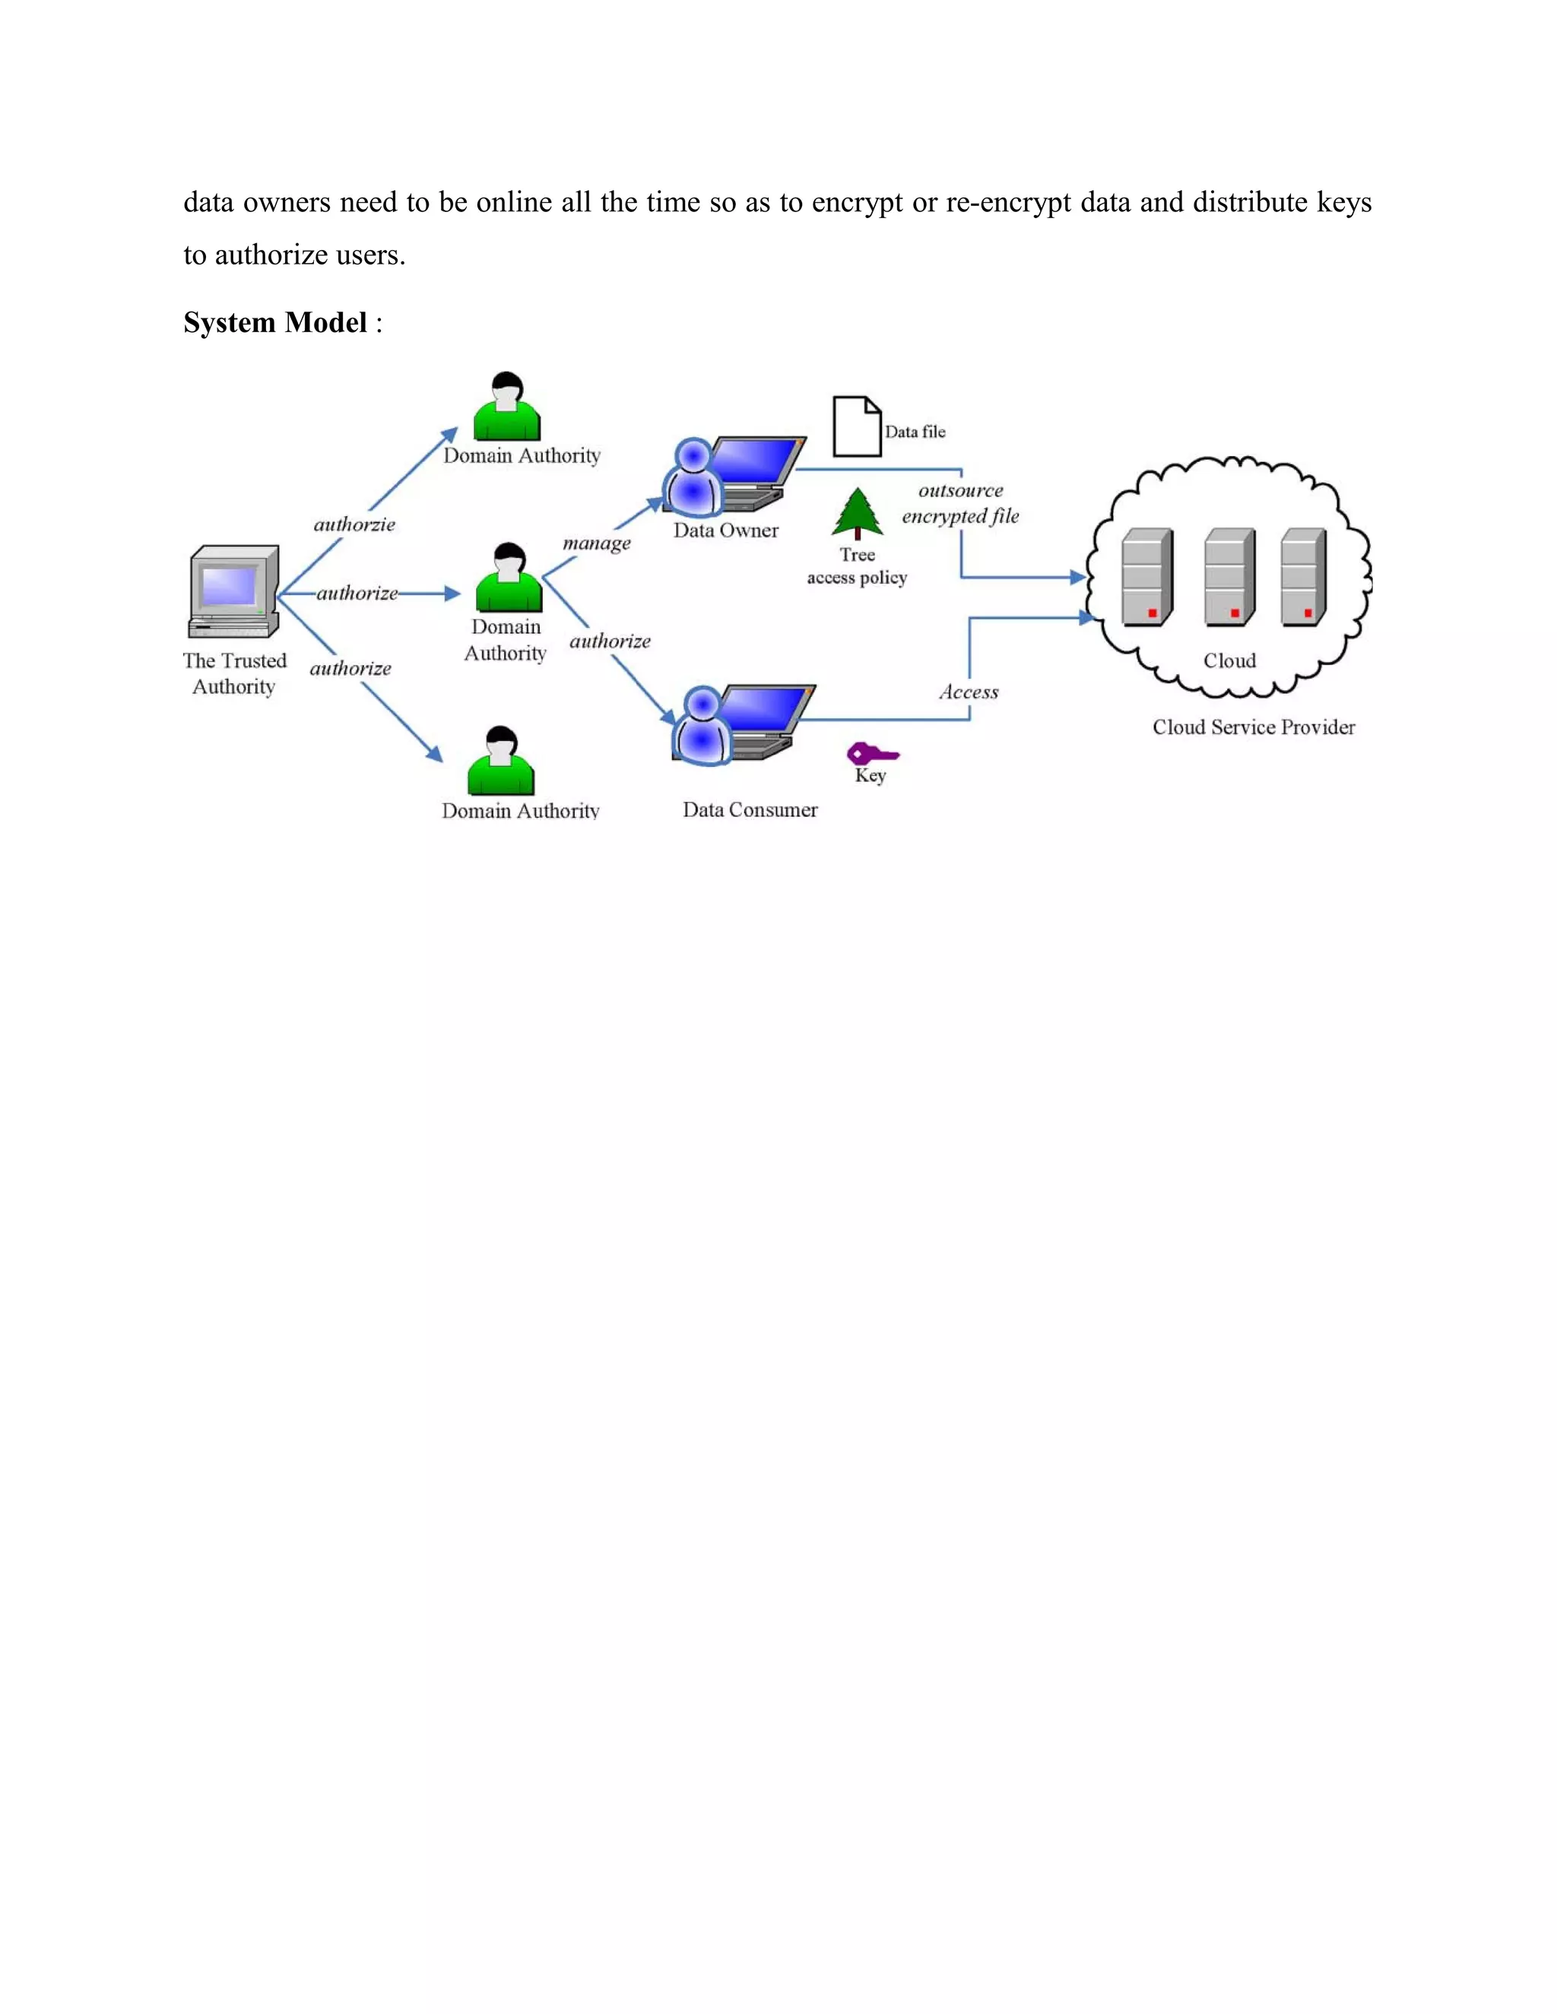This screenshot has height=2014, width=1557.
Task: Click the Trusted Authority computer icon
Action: click(x=234, y=591)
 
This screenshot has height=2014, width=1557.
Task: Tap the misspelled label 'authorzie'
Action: click(x=354, y=524)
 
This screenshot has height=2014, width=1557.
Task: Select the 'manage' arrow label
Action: click(x=597, y=543)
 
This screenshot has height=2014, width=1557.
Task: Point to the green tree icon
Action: click(x=857, y=514)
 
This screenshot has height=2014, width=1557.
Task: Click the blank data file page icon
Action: click(x=857, y=426)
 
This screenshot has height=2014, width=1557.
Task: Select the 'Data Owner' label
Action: click(x=726, y=530)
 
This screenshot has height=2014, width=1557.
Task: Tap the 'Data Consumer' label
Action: click(x=750, y=809)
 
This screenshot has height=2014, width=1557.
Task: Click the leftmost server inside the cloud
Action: click(x=1146, y=578)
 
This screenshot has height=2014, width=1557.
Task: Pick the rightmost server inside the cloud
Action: click(x=1303, y=578)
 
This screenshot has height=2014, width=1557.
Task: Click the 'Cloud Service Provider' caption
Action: click(x=1254, y=727)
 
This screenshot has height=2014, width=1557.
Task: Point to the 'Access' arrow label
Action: click(x=969, y=692)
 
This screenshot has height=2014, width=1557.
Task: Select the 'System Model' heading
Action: click(x=275, y=323)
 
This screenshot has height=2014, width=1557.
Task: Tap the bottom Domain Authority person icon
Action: click(x=501, y=762)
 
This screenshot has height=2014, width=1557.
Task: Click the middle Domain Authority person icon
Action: click(x=509, y=578)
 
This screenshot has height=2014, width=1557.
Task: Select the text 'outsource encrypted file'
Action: click(x=960, y=503)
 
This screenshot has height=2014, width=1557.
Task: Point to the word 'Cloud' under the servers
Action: click(x=1229, y=660)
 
